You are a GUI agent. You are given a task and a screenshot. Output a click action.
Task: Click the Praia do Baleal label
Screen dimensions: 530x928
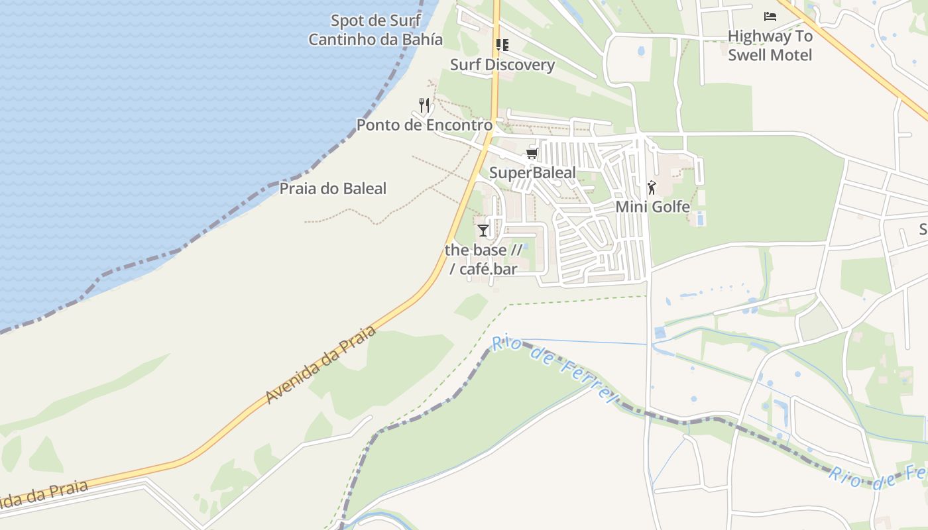coord(332,189)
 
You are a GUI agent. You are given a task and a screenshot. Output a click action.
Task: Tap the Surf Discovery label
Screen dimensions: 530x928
coord(502,65)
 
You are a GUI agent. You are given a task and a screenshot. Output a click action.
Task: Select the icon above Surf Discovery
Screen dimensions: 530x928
coord(502,45)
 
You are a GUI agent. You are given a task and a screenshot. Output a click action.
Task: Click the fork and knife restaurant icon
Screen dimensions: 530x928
coord(424,105)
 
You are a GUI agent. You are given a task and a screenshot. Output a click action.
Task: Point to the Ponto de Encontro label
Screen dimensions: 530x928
coord(424,125)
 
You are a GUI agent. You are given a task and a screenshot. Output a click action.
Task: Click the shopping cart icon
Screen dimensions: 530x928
coord(531,154)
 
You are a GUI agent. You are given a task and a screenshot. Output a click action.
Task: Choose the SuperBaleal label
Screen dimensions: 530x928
coord(532,174)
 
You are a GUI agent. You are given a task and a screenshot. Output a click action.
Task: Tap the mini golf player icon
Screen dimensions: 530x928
coord(652,187)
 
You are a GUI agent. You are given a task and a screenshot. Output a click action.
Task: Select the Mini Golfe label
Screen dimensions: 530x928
coord(652,207)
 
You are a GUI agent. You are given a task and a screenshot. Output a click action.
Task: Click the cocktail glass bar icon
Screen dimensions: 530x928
coord(483,231)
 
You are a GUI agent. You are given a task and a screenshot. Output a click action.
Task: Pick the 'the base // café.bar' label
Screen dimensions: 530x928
coord(483,259)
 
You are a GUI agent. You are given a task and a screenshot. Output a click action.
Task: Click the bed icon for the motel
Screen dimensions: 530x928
coord(770,17)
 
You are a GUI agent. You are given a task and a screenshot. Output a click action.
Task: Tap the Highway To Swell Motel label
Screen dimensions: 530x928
coord(770,45)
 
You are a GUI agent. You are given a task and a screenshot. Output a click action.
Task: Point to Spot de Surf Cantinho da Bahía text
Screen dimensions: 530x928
coord(375,30)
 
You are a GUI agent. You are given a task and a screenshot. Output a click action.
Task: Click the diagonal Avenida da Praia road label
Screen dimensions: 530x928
coord(321,364)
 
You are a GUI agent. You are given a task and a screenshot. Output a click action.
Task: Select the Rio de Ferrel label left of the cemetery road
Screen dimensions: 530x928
coord(554,368)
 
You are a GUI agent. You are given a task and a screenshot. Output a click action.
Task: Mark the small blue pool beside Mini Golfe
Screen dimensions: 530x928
coord(701,218)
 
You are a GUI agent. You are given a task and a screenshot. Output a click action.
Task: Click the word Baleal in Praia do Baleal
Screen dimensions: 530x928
coord(361,189)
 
